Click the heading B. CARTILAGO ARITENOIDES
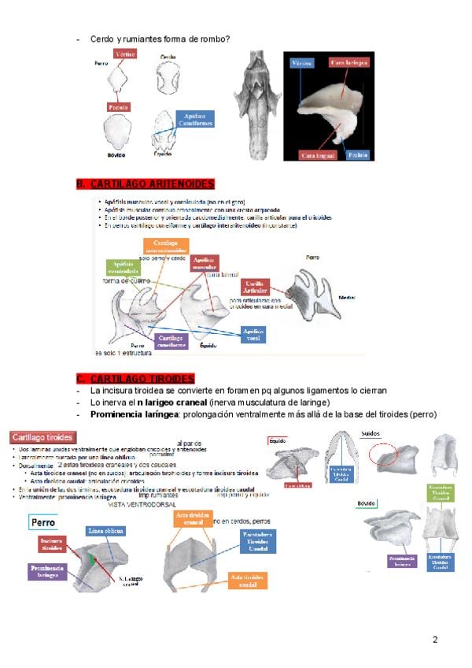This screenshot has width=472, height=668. click(145, 184)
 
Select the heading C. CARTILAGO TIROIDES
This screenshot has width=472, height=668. click(135, 379)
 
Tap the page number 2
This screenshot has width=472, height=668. click(435, 640)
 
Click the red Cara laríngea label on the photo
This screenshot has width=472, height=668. click(347, 61)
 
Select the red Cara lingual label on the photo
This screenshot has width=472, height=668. click(319, 155)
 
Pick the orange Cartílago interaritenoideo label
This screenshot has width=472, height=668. click(165, 247)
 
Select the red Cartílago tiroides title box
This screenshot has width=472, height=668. click(43, 436)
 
